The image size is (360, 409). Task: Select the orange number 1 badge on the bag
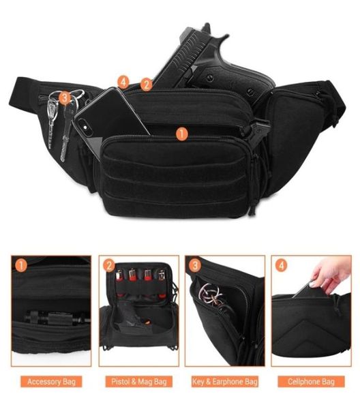coord(181,134)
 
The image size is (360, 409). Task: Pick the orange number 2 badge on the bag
coord(146,85)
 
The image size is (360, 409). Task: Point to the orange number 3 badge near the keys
coord(65,98)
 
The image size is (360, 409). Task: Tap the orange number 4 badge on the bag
coord(123,82)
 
